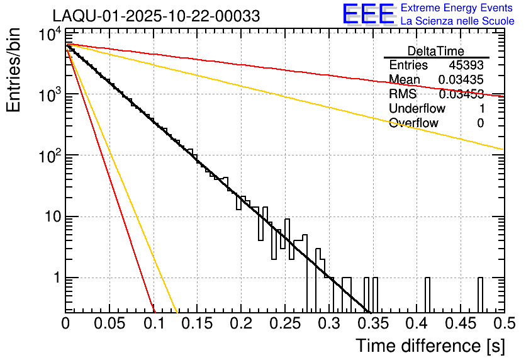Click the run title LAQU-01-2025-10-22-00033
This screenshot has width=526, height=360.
tap(155, 16)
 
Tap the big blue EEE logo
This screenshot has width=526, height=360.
tap(368, 14)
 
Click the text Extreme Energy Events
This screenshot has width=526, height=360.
tap(457, 8)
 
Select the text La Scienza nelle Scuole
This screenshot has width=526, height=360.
tap(457, 21)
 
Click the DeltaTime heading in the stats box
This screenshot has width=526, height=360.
tap(436, 51)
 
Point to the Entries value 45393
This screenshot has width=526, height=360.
tap(466, 65)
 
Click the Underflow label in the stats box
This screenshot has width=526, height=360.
tap(415, 109)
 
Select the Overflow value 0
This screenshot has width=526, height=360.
tap(480, 123)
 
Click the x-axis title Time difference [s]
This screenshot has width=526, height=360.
tap(429, 346)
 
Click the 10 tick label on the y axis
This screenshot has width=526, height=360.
tap(50, 217)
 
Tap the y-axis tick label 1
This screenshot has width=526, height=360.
tap(56, 278)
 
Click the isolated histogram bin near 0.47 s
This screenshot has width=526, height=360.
tap(479, 295)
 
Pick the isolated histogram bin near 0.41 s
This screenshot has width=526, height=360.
tap(427, 295)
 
